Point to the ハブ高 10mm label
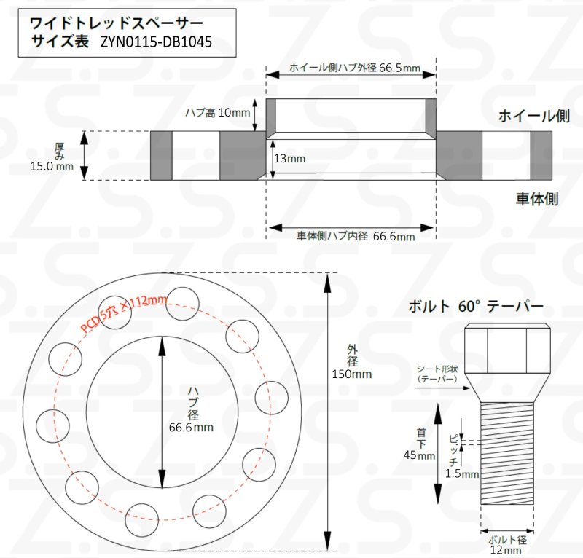tap(217, 113)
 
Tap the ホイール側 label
tap(533, 116)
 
